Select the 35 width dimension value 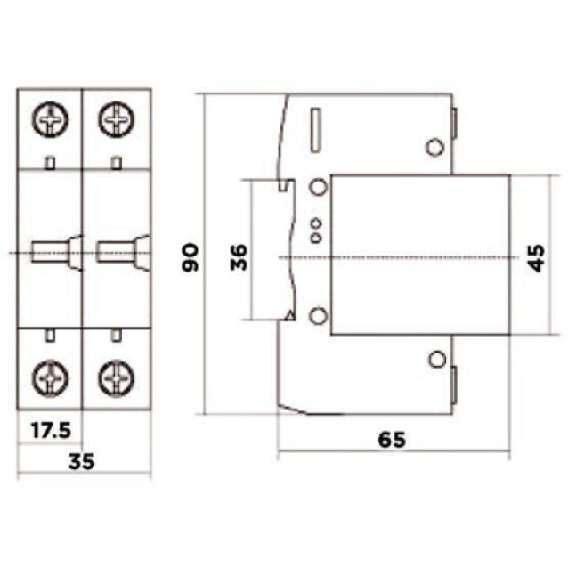(82, 460)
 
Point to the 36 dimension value (239, 256)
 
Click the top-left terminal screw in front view (50, 118)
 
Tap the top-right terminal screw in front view (116, 118)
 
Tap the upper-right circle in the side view (435, 147)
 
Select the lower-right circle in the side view (435, 359)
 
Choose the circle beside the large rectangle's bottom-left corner (317, 315)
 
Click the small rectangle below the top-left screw (50, 161)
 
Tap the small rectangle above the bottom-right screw (116, 336)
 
